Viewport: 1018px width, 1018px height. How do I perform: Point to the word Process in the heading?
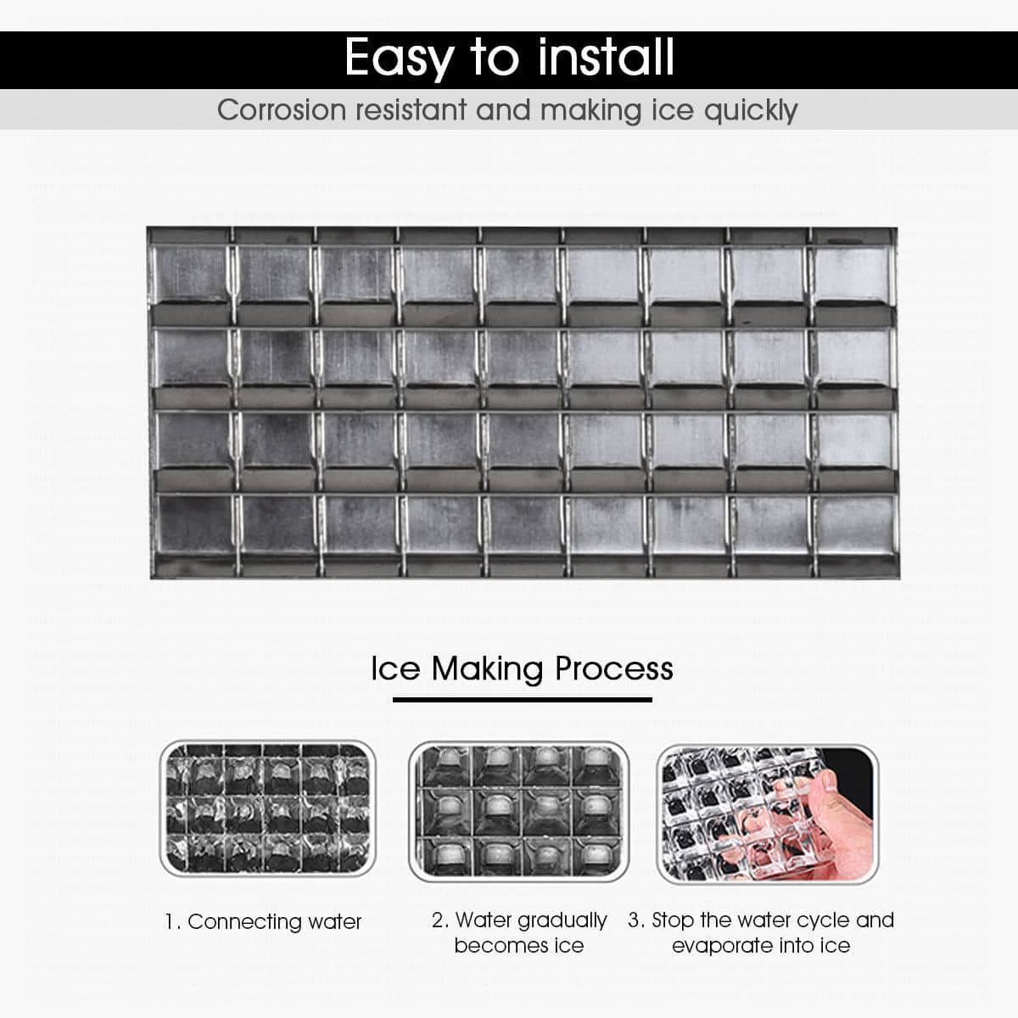click(x=613, y=668)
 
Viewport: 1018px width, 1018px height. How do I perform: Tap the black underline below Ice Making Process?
click(x=522, y=700)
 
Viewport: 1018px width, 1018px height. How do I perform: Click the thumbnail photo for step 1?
click(x=267, y=809)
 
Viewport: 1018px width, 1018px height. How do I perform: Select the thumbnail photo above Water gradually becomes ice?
click(x=518, y=811)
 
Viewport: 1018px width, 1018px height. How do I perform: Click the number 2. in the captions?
click(x=440, y=920)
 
